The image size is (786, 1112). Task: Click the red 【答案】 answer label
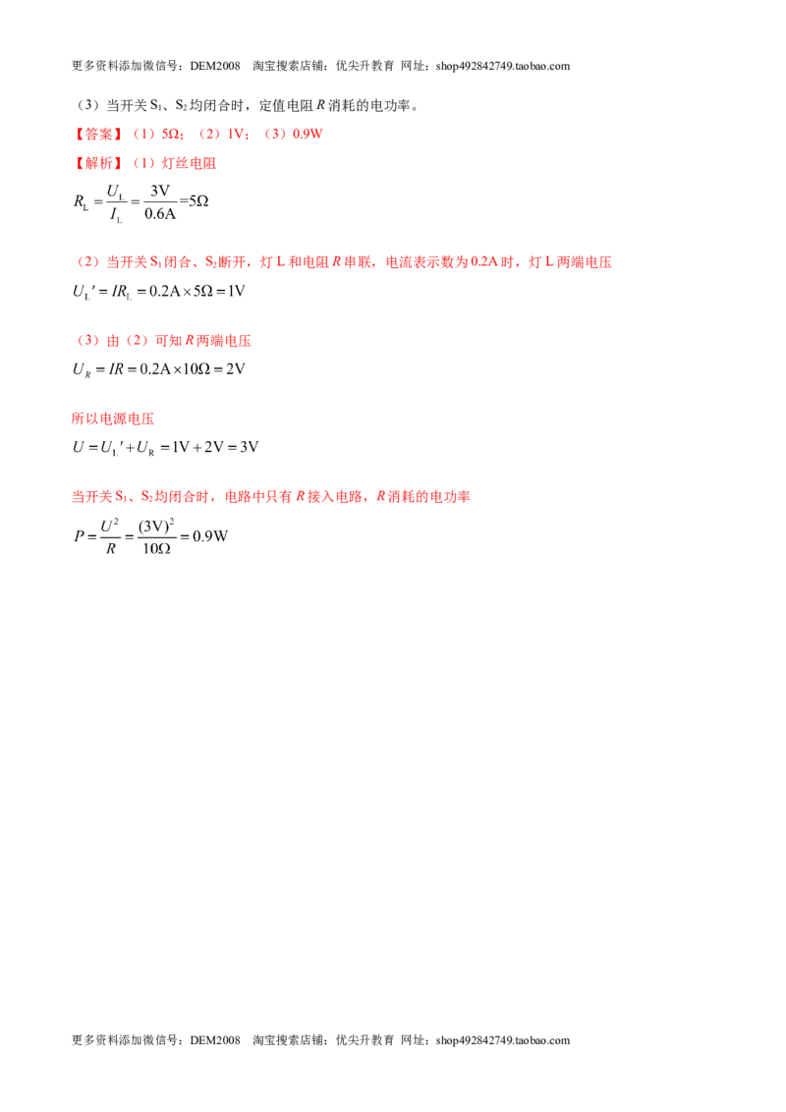tap(98, 134)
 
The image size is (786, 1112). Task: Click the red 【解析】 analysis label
tap(98, 163)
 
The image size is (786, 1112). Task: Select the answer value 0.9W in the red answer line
tap(308, 134)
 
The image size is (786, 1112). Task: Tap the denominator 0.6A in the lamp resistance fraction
tap(159, 214)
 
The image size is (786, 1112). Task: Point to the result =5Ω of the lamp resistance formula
tap(194, 201)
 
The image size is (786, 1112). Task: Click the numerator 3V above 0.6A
tap(160, 191)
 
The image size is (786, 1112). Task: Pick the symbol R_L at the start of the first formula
tap(82, 202)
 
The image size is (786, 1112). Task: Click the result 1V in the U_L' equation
tap(236, 291)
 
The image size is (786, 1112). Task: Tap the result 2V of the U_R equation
tap(236, 368)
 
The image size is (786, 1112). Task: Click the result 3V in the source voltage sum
tap(249, 447)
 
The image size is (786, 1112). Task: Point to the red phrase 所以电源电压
tap(113, 418)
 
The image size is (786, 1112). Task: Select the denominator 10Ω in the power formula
tap(157, 548)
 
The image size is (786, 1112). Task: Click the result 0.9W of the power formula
tap(210, 536)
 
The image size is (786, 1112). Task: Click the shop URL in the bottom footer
tap(503, 1040)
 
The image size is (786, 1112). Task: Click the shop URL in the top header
tap(503, 66)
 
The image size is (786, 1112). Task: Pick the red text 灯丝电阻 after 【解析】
tap(189, 163)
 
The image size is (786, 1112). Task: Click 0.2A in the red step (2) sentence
tap(484, 262)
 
